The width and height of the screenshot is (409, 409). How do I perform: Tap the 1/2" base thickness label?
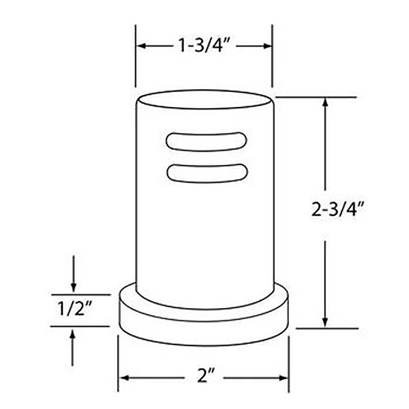[x=75, y=309]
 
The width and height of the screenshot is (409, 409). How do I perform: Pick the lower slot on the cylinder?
[x=207, y=173]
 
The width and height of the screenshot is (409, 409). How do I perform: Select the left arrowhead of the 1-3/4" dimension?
[x=141, y=46]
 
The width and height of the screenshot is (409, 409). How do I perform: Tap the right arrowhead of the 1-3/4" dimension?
[x=267, y=46]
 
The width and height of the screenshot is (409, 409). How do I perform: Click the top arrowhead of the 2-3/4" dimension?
[x=325, y=102]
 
